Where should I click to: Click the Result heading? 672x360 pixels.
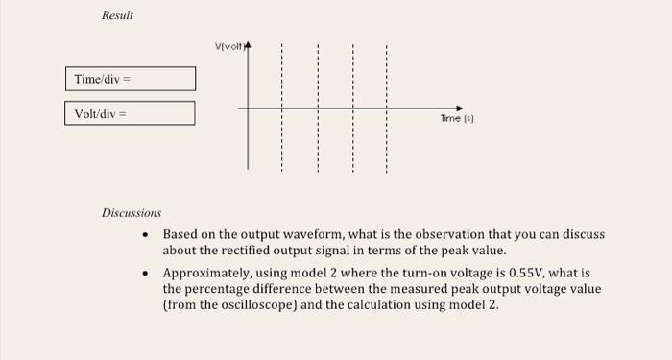tap(118, 16)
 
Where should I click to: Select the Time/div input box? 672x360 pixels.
tap(131, 79)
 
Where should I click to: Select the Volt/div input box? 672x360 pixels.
tap(131, 113)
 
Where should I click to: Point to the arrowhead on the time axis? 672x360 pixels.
tap(459, 108)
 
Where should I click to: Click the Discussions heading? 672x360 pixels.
tap(132, 212)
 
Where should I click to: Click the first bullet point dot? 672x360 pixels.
tap(145, 234)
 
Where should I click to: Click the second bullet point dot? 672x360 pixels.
tap(145, 274)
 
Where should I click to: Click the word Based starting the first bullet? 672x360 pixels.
tap(180, 234)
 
